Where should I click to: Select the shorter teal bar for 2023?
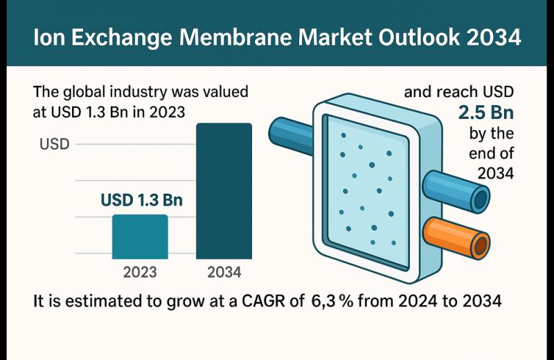[140, 237]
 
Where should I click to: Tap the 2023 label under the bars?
[140, 272]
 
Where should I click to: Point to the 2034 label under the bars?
[224, 272]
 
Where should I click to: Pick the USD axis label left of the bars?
[55, 145]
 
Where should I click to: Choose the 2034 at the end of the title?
[492, 37]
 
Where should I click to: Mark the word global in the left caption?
[84, 91]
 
